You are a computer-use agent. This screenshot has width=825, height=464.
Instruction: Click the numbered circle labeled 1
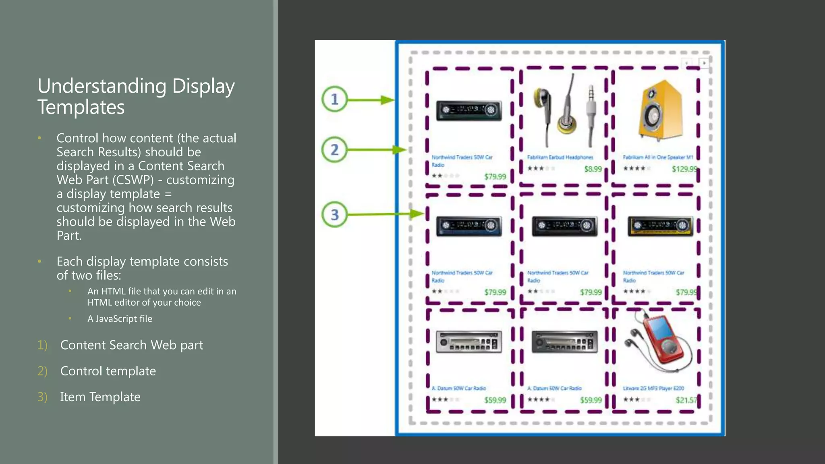coord(334,99)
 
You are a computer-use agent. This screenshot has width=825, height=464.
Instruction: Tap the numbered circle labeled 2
coord(334,150)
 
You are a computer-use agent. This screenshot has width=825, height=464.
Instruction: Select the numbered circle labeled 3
coord(334,214)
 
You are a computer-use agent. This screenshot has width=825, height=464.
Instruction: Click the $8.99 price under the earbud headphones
coord(593,169)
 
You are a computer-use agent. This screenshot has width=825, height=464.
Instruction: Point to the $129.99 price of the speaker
coord(684,169)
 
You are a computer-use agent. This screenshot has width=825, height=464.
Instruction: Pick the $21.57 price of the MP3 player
coord(686,400)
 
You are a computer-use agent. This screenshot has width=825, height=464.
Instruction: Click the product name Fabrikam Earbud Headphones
coord(560,157)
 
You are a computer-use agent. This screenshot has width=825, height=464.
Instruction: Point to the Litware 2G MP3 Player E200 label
coord(653,388)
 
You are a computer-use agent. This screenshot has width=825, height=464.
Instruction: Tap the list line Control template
coord(108,371)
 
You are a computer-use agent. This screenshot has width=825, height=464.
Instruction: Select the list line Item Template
coord(100,397)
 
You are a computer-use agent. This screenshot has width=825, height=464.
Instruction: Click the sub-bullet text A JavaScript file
coord(120,319)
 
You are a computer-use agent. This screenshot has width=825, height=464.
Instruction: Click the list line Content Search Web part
coord(132,345)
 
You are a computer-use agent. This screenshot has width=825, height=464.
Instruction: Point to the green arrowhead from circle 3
coord(417,214)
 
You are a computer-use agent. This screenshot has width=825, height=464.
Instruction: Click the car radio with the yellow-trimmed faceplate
coord(661,226)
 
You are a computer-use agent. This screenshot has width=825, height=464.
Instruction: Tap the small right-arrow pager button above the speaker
coord(704,63)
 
